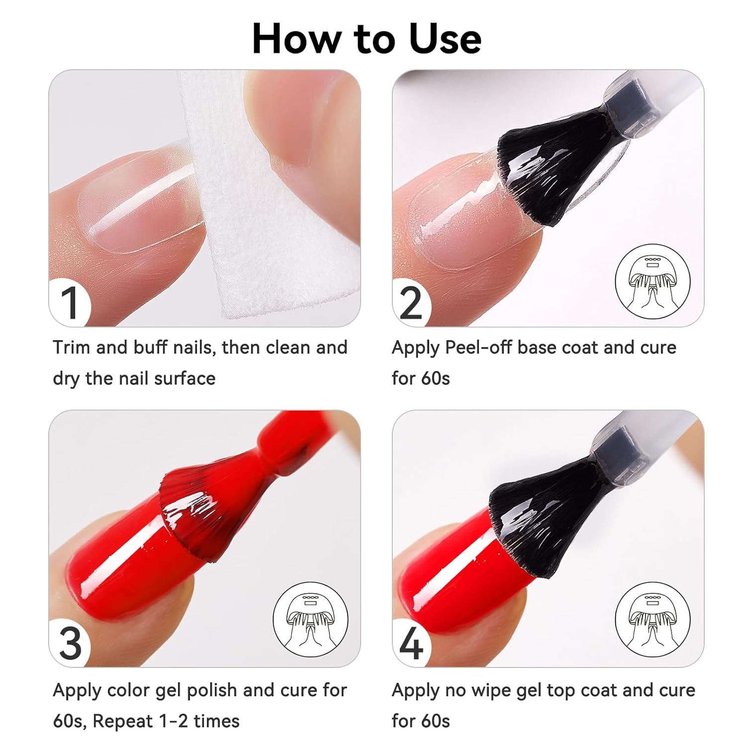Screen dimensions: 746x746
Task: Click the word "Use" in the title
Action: coord(445,39)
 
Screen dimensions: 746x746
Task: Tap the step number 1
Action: coord(70,303)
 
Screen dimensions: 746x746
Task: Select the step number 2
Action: coord(411,303)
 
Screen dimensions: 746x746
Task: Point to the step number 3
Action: coord(70,644)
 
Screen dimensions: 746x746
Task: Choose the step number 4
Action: coord(412,644)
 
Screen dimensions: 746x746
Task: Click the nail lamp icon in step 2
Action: coord(653,281)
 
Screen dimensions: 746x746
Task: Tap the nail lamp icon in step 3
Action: coord(310,620)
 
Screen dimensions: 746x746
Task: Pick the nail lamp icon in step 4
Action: coord(653,620)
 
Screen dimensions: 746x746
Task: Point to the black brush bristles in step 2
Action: coord(552,169)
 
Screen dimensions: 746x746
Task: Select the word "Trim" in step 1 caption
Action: coord(72,347)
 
